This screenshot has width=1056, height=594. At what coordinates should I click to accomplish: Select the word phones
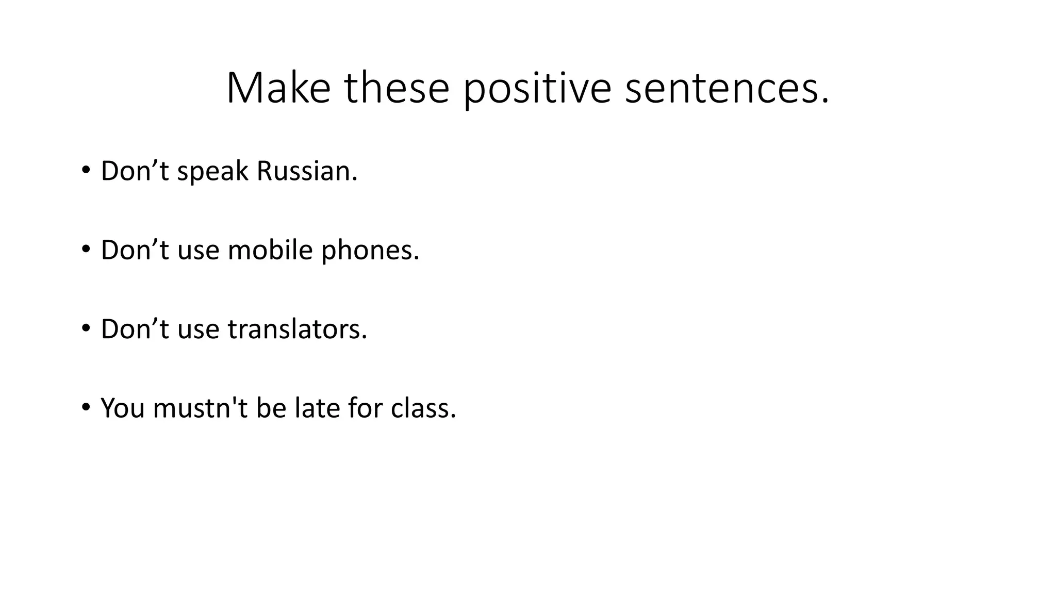(x=370, y=251)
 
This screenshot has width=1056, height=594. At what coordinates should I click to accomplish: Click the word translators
(x=298, y=329)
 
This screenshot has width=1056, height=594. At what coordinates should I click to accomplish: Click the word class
(x=423, y=408)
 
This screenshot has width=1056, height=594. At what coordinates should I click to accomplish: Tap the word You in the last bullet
(x=122, y=408)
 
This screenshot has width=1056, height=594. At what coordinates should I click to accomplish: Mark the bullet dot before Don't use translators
(x=86, y=327)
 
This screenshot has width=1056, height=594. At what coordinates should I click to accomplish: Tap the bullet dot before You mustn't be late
(x=86, y=406)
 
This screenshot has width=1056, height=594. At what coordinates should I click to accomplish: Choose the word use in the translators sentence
(x=198, y=330)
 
